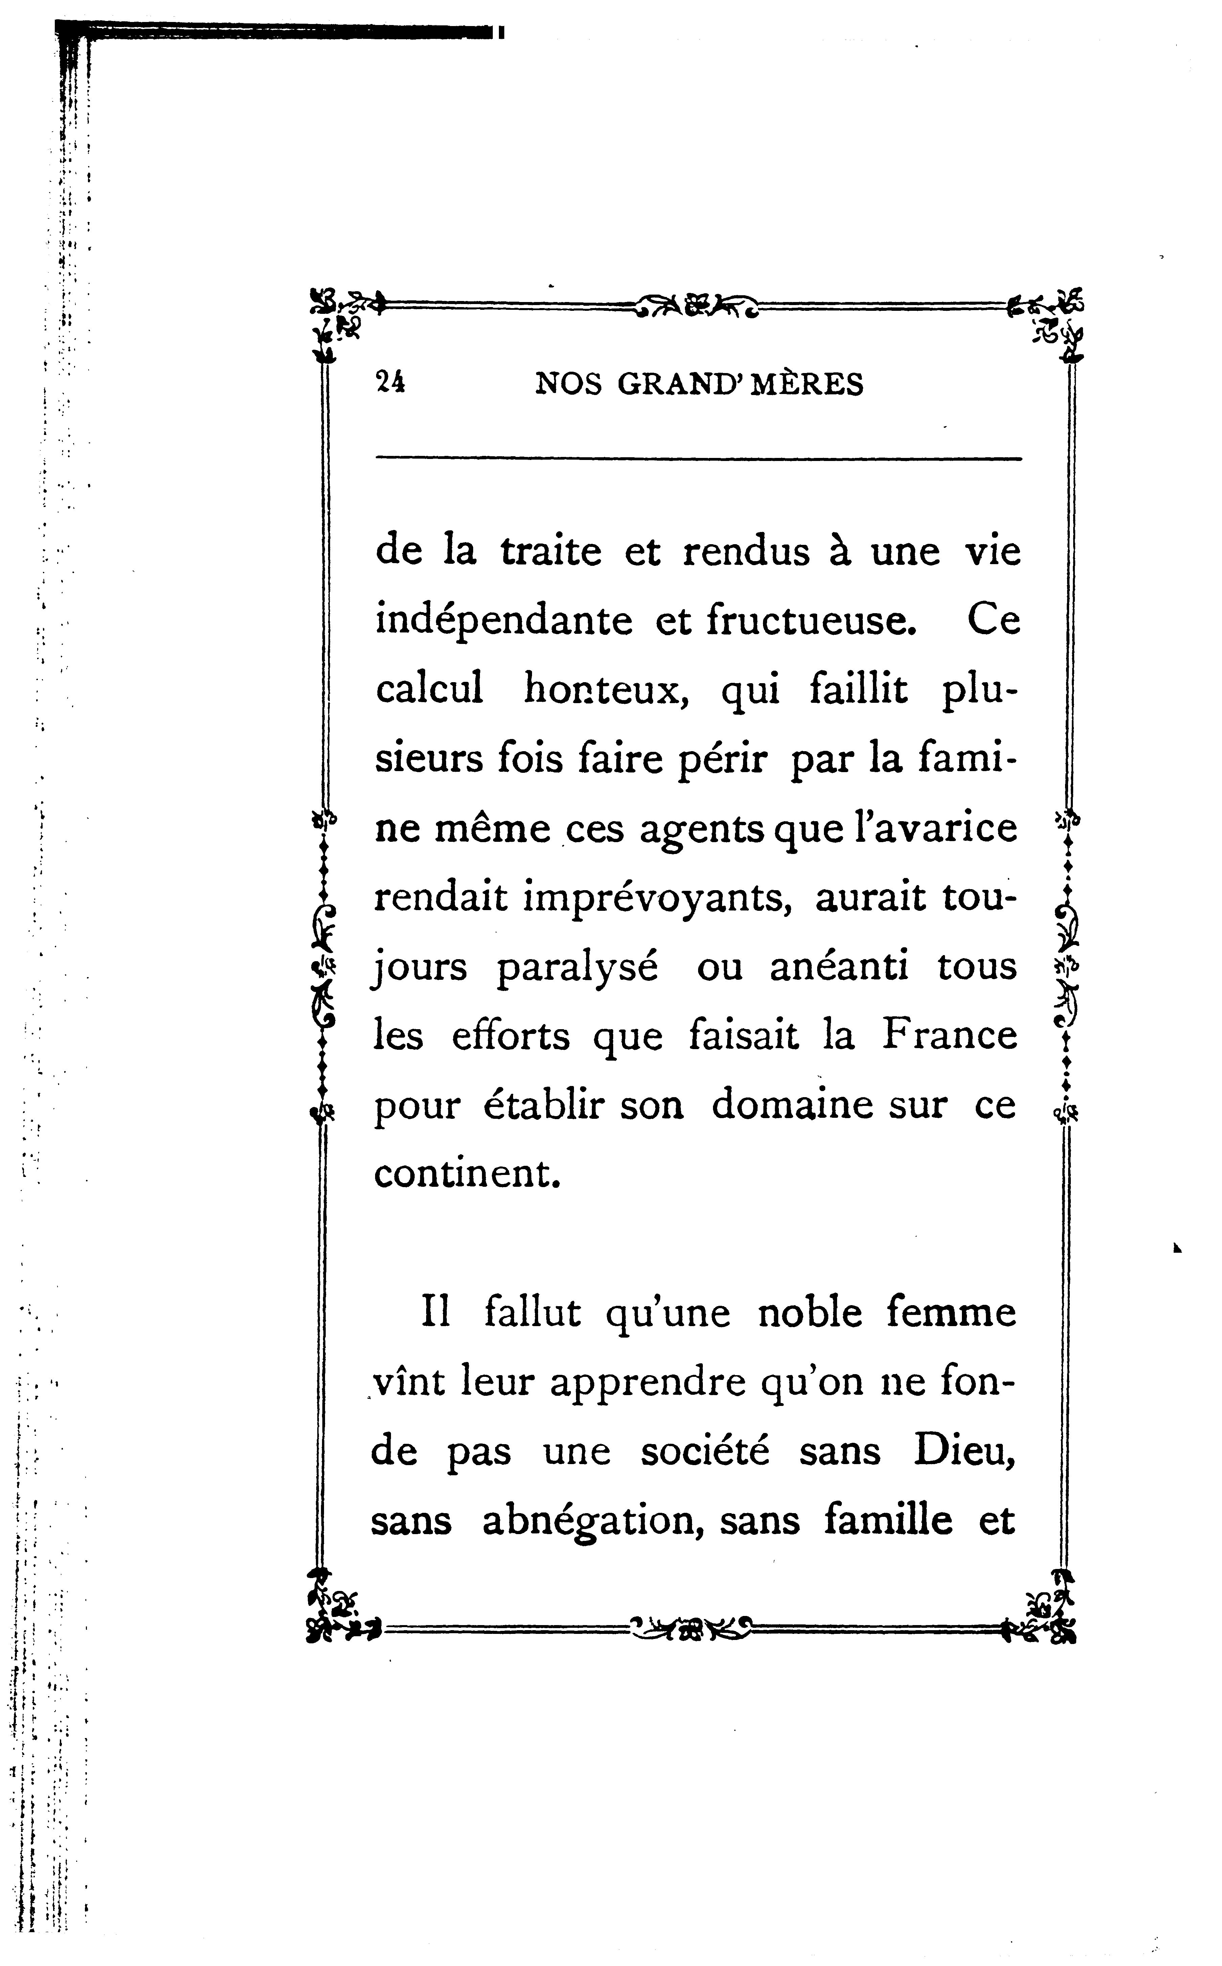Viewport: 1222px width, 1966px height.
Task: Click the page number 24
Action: coord(390,382)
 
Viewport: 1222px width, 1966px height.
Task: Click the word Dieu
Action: coord(964,1451)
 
